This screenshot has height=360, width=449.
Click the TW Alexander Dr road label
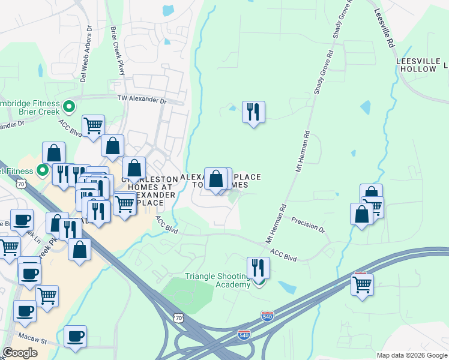pos(141,99)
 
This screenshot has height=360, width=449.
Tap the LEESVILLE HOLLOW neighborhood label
pos(416,65)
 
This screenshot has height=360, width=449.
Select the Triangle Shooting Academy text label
pos(217,280)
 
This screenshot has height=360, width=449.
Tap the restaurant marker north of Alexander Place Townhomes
pos(253,112)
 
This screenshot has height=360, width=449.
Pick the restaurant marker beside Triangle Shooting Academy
pos(258,268)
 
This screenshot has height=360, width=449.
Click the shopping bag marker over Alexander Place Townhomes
pos(215,179)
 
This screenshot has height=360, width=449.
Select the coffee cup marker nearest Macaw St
pos(75,337)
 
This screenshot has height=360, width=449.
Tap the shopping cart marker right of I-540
pos(362,284)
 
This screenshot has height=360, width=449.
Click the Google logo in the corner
pos(20,353)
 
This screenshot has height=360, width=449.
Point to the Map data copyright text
pos(412,355)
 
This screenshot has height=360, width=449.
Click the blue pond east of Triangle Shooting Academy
pos(288,287)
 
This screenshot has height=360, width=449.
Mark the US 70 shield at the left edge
pos(22,185)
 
